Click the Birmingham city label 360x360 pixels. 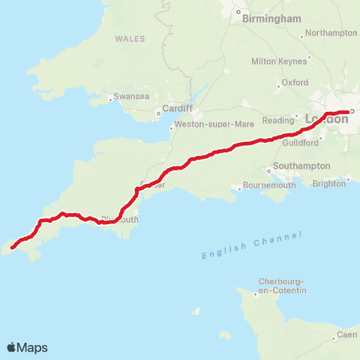coord(271,19)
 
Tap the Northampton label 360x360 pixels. coord(332,33)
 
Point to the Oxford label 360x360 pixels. coord(295,82)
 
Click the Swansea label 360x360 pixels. coord(132,97)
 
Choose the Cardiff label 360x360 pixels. coord(178,108)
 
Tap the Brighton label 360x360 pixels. coord(329,183)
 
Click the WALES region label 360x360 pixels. coord(130,38)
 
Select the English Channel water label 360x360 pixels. coord(252,245)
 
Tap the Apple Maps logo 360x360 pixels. coord(27,347)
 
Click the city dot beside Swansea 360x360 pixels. coord(111,97)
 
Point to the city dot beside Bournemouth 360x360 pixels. coord(239,188)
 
